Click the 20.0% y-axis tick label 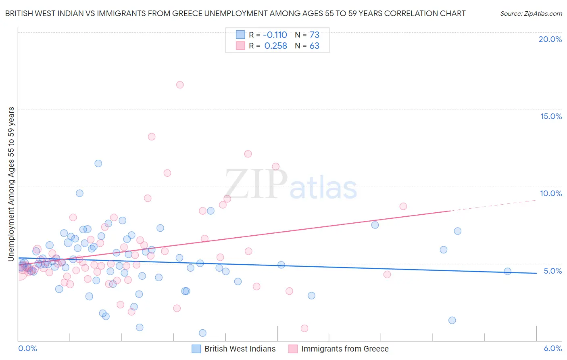(550, 39)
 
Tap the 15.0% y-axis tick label (551, 116)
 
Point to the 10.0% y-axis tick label (551, 193)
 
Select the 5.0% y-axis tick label (552, 271)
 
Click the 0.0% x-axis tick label (27, 348)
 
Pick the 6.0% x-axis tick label (552, 348)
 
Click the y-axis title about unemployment (11, 184)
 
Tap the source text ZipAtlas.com (531, 13)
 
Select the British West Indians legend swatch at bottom (196, 349)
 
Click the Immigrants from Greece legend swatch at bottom (293, 349)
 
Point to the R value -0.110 (275, 35)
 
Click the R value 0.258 (275, 46)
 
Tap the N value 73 (314, 35)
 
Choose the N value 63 (314, 46)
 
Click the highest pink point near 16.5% (180, 85)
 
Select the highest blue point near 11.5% (98, 163)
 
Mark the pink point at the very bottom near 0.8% (304, 329)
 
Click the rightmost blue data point (507, 272)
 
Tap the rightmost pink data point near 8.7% (403, 206)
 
